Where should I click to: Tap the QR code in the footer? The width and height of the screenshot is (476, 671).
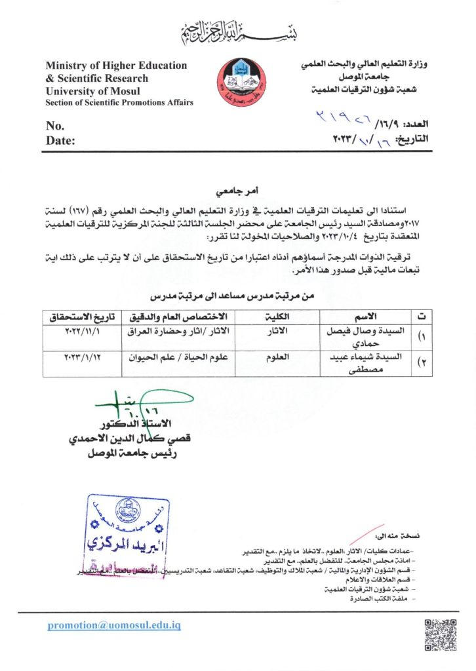(x=441, y=634)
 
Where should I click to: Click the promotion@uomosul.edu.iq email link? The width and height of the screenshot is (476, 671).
(x=113, y=626)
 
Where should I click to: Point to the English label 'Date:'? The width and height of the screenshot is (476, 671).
(x=60, y=140)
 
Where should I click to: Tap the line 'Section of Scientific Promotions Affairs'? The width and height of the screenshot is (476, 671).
(x=119, y=103)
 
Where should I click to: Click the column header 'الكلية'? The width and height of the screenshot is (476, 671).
(x=279, y=317)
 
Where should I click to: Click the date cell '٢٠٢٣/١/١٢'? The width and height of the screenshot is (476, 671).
(x=83, y=358)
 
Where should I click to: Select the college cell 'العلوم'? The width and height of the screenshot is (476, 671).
(x=279, y=358)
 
